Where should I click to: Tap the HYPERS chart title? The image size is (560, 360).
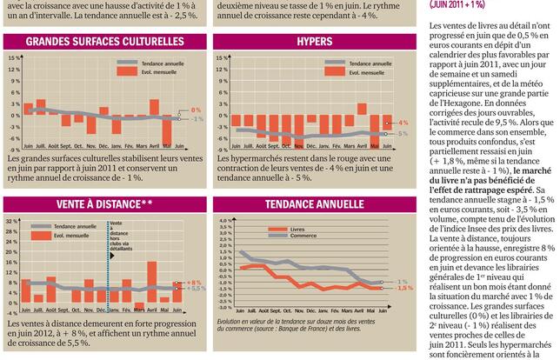click(314, 42)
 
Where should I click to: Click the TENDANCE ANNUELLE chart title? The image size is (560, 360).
click(314, 204)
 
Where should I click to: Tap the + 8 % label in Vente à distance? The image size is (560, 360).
click(194, 258)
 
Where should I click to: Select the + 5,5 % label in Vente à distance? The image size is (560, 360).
click(197, 264)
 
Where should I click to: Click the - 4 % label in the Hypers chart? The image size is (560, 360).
click(403, 123)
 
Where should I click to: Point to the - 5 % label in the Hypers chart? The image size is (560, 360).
click(403, 134)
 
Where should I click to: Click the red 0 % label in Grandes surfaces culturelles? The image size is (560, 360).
click(196, 110)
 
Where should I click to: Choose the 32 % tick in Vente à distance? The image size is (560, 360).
click(12, 221)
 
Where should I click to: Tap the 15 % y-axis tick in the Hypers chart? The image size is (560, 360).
click(223, 58)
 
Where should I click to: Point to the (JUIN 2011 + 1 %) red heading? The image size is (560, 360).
click(469, 5)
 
